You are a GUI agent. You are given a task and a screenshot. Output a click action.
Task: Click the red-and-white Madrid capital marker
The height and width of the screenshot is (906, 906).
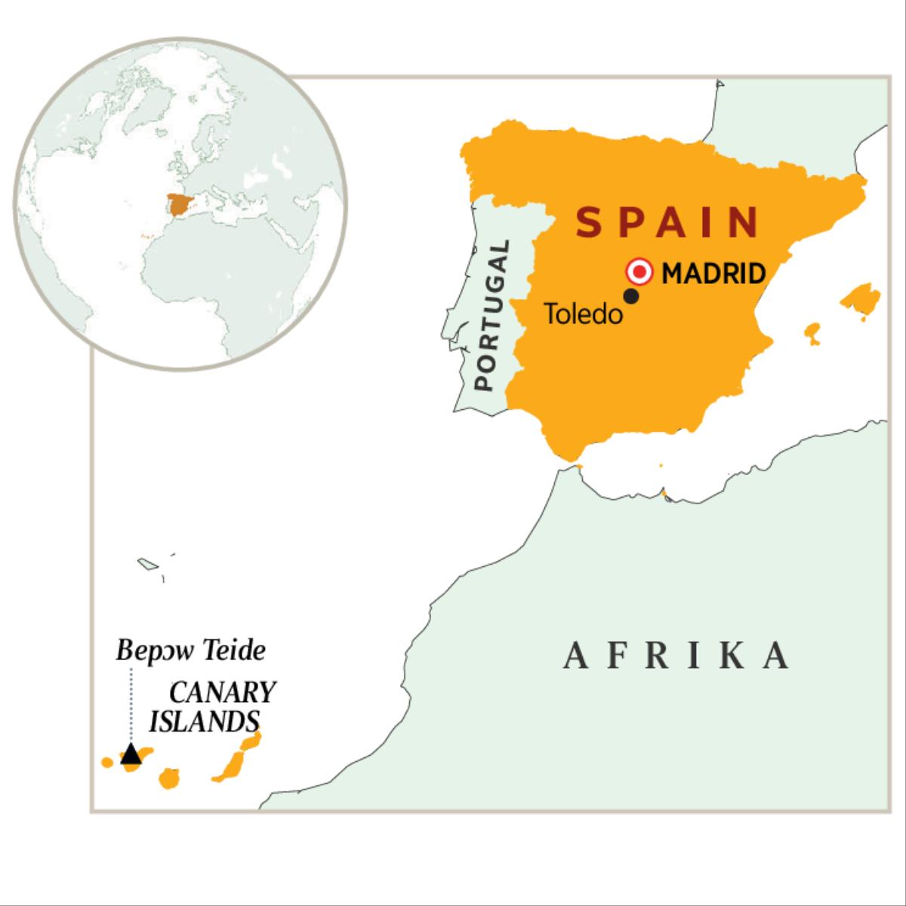point(639,272)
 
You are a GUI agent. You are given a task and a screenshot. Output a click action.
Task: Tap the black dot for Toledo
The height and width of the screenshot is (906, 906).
point(632,297)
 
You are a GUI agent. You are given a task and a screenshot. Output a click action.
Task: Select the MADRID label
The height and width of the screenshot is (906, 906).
point(713,273)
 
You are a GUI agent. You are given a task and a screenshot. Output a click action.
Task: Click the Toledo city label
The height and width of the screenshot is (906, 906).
point(584,314)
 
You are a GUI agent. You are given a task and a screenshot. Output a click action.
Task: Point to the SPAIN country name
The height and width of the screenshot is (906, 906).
point(667,222)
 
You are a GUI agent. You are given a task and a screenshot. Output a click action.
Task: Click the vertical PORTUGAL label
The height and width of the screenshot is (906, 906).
point(491,316)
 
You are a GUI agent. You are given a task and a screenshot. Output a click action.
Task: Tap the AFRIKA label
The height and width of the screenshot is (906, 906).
point(676,655)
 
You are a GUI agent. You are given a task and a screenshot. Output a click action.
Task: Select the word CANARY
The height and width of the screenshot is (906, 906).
point(223,692)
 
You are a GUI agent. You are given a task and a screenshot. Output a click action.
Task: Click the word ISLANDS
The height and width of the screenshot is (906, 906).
point(205,722)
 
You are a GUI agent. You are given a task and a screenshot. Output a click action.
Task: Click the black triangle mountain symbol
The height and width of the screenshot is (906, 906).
point(131,753)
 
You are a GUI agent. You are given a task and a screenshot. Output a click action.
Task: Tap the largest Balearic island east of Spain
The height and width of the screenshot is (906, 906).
point(861,298)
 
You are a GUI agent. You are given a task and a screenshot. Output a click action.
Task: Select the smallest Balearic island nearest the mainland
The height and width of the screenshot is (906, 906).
point(812,332)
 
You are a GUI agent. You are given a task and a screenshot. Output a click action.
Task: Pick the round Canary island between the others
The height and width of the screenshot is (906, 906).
point(170,778)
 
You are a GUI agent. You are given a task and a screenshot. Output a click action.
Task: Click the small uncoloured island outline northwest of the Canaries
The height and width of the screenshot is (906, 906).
point(146,564)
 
